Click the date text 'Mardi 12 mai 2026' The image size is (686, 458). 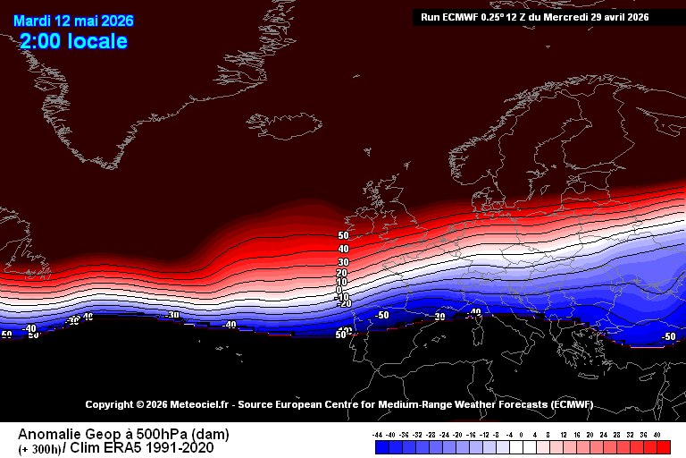67,21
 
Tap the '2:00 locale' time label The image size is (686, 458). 73,41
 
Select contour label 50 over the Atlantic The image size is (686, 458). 343,236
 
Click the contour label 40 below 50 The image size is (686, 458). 343,249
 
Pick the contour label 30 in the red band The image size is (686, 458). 342,261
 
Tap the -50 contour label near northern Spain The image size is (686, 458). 382,315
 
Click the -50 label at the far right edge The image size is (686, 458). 667,336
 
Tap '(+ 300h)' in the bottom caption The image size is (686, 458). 38,448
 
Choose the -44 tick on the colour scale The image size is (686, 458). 379,433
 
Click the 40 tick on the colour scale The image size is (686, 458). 657,433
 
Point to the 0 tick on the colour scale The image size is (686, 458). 522,433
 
